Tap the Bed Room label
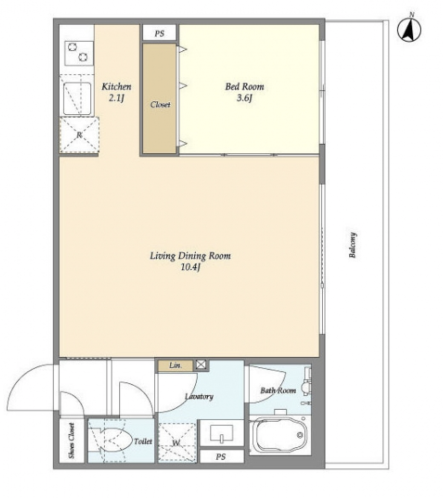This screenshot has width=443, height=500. [245, 86]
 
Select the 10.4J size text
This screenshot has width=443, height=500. [190, 267]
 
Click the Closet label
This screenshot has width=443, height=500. [160, 105]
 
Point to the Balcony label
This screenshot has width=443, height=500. [352, 245]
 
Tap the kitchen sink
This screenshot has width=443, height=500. [77, 98]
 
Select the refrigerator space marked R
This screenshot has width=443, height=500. [79, 135]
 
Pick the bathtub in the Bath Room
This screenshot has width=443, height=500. [279, 435]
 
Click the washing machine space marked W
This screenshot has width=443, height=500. [177, 442]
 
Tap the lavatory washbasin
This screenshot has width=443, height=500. [221, 433]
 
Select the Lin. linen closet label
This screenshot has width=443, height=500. [175, 365]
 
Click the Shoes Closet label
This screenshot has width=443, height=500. [72, 441]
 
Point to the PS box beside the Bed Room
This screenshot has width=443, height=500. [159, 33]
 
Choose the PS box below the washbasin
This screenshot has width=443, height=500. [221, 456]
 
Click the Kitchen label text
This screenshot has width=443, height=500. [116, 86]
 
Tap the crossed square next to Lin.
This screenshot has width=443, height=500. [201, 365]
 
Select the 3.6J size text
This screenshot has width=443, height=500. [245, 98]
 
